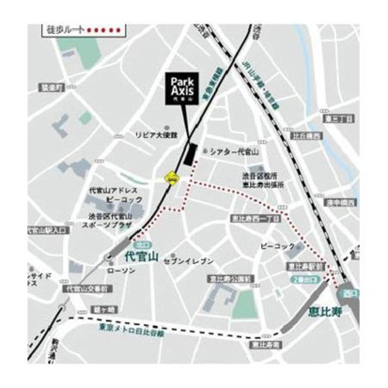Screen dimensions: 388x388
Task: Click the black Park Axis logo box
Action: (186, 87)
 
